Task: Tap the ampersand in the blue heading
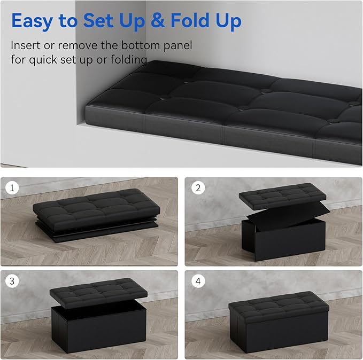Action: coord(158,21)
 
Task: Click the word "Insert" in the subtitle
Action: coord(26,45)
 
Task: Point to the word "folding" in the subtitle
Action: coord(126,59)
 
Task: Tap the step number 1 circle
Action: coord(12,189)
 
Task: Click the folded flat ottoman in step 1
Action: coord(94,214)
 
